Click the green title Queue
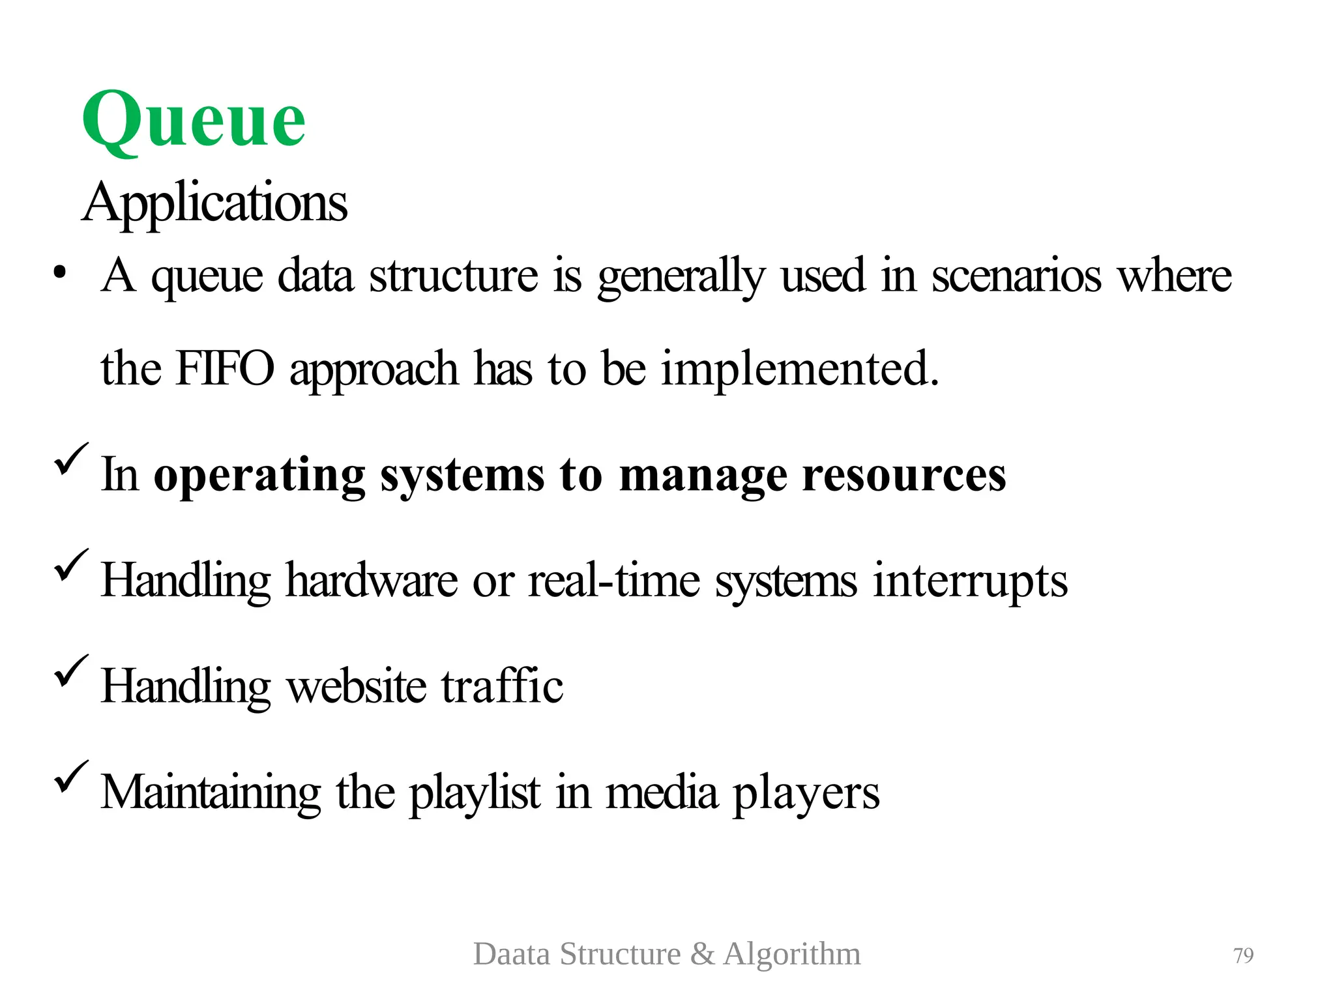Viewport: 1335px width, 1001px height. point(194,121)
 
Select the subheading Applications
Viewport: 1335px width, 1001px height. point(214,202)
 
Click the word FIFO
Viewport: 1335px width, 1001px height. point(225,368)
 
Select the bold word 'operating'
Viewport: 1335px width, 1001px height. point(259,476)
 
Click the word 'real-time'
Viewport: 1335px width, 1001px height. point(613,580)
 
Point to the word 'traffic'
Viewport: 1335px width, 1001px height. point(502,686)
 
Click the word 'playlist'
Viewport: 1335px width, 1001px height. point(475,793)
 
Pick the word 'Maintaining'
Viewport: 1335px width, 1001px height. point(211,792)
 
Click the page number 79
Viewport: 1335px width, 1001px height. point(1243,955)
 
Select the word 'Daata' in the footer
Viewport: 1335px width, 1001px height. point(512,954)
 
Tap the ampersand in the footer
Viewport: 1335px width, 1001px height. point(702,954)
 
